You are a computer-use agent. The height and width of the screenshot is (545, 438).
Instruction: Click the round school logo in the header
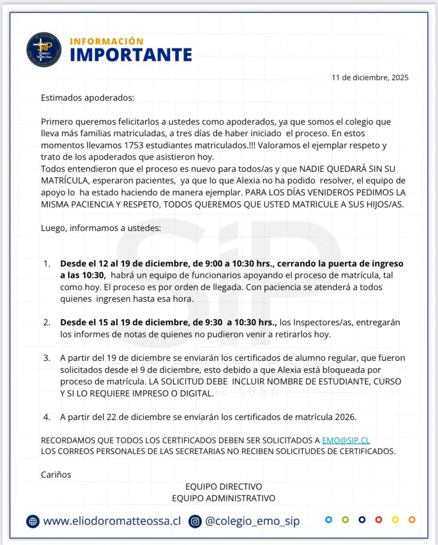[x=44, y=50]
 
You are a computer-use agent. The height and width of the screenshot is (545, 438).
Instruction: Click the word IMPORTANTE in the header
[x=131, y=55]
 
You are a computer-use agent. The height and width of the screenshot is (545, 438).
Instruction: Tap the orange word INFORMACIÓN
[x=106, y=41]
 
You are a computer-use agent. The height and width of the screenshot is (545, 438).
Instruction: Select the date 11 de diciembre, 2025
[x=370, y=78]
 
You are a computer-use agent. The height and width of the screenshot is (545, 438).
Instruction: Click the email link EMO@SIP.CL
[x=345, y=441]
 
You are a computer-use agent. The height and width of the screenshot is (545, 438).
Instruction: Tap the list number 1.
[x=47, y=263]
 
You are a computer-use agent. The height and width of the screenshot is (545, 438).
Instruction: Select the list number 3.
[x=47, y=357]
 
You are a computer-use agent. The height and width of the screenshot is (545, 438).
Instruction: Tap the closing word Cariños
[x=56, y=474]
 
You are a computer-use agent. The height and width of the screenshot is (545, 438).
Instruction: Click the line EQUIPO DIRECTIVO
[x=224, y=486]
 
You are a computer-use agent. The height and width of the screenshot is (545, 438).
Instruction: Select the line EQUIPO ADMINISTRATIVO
[x=224, y=498]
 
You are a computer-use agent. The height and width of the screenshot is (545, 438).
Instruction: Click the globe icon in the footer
[x=33, y=522]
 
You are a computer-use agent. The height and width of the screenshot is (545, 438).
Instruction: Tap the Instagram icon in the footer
[x=195, y=522]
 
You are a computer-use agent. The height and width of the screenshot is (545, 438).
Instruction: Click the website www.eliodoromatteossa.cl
[x=112, y=521]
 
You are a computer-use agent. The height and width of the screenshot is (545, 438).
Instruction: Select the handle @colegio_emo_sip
[x=252, y=521]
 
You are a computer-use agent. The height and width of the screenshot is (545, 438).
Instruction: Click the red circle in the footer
[x=378, y=519]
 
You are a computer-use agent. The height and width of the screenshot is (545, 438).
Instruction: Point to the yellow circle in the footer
[x=395, y=519]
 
